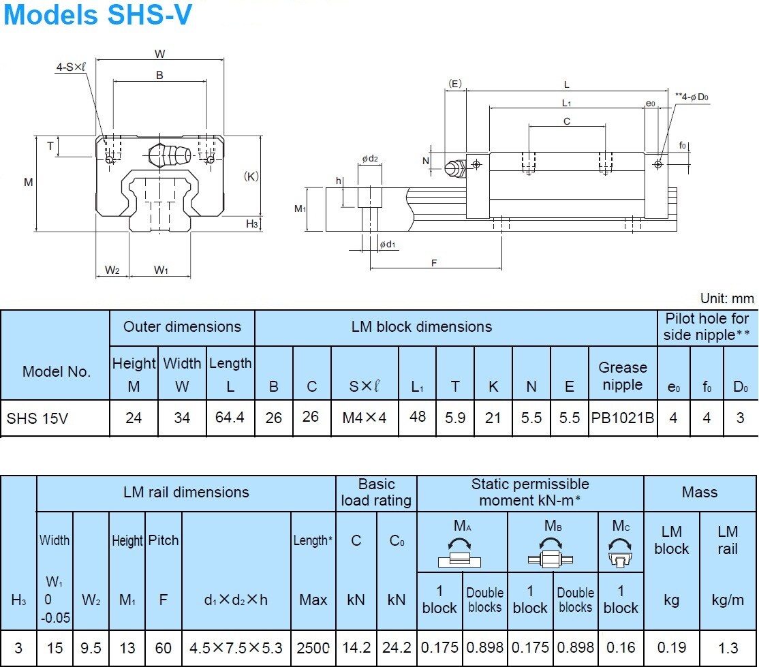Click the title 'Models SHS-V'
point(97,15)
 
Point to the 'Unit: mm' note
point(727,298)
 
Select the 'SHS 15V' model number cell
point(37,418)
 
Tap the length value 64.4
point(230,417)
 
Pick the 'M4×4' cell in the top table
point(365,418)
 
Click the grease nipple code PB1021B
point(622,418)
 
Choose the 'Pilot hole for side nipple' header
point(707,328)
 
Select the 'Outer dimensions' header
point(182,327)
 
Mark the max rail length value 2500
point(313,647)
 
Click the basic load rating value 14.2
point(356,647)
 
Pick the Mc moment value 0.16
point(620,647)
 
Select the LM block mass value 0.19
point(671,647)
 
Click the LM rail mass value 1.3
point(727,647)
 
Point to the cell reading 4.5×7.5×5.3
point(236,647)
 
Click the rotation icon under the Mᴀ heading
point(461,551)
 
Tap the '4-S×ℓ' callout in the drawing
point(71,67)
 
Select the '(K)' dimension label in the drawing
point(251,176)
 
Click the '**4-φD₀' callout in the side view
point(692,97)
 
